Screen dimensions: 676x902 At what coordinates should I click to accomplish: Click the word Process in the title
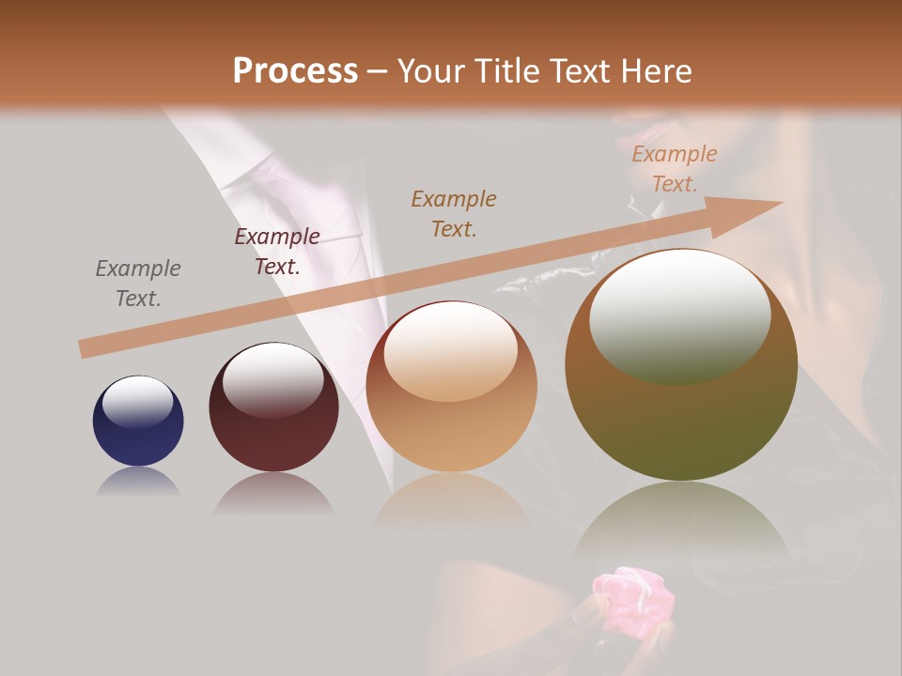pos(295,70)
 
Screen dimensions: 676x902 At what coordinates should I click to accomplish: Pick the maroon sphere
pos(273,408)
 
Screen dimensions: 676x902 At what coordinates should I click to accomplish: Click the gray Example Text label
pos(138,283)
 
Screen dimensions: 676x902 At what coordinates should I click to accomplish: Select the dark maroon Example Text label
pos(277,251)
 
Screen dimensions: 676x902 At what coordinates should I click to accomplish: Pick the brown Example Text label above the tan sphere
pos(454,213)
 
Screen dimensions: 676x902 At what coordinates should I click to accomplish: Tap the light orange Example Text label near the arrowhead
pos(674,169)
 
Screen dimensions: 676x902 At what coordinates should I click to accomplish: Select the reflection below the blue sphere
pos(138,482)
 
